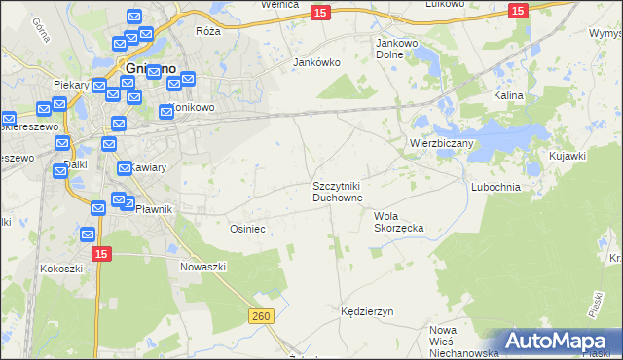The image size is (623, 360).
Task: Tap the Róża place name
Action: click(208, 32)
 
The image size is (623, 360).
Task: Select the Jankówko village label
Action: click(316, 62)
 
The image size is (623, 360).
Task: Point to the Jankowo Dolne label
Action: click(396, 49)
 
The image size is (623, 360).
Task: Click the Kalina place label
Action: click(508, 96)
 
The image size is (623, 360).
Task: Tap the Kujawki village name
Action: click(567, 156)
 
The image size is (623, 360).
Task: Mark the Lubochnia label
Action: click(495, 186)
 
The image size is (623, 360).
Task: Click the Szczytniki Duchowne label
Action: click(338, 191)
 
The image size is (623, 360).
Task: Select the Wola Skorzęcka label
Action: click(399, 222)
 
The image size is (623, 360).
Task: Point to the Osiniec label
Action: click(247, 228)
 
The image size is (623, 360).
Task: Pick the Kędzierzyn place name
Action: click(367, 311)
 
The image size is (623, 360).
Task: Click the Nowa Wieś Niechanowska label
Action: click(457, 342)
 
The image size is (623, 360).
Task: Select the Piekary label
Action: click(72, 85)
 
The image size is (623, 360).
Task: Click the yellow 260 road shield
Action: click(260, 316)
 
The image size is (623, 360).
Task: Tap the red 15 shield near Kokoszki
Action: click(103, 253)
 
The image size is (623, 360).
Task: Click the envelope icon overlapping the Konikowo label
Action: click(165, 113)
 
